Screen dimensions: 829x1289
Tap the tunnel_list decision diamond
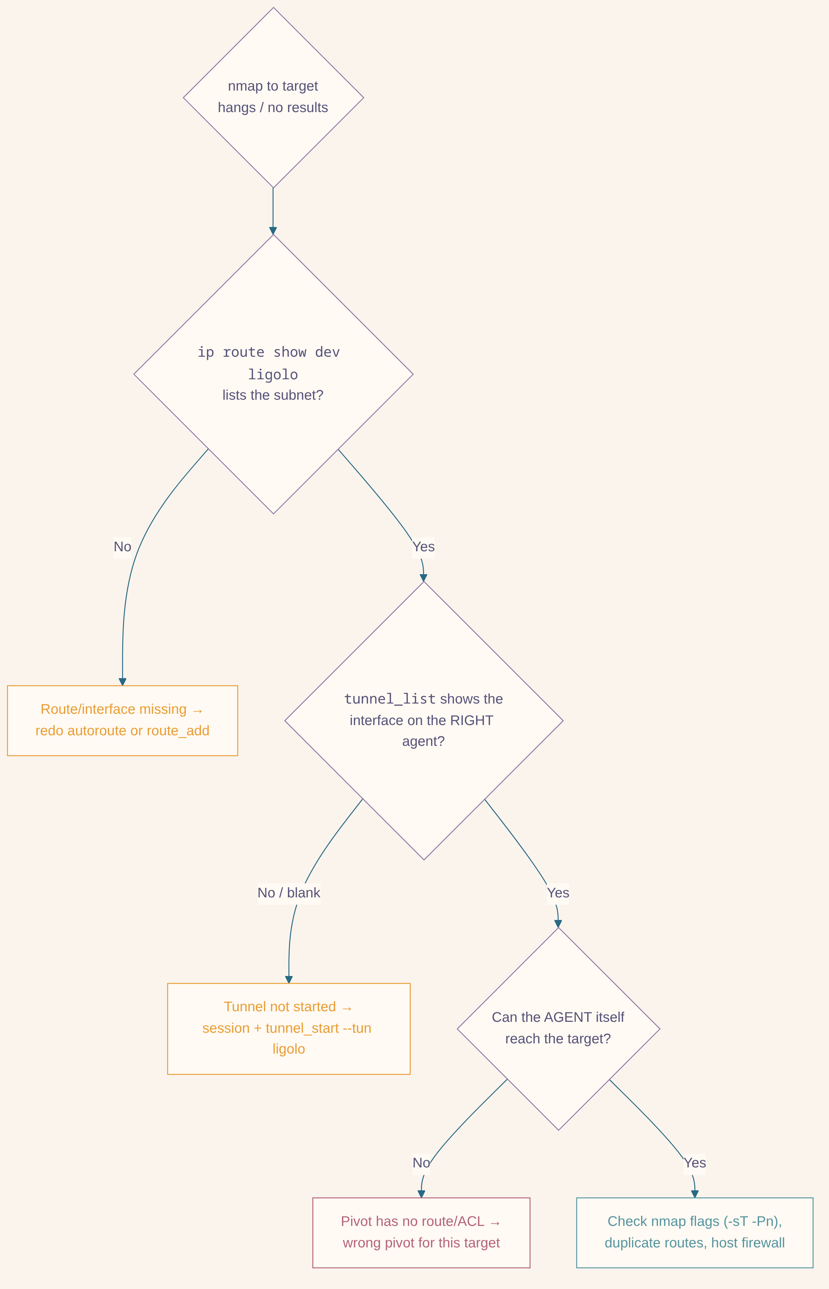click(x=424, y=721)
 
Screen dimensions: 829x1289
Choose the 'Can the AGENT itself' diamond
click(x=558, y=1029)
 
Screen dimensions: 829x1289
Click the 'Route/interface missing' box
click(x=122, y=721)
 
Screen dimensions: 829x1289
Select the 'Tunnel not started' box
click(x=289, y=1029)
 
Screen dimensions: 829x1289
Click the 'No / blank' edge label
click(x=289, y=893)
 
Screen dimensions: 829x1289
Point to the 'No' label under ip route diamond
click(x=122, y=547)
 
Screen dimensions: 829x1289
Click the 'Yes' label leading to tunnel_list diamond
click(x=424, y=547)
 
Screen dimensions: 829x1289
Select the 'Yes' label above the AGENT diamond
click(x=558, y=893)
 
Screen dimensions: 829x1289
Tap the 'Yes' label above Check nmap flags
click(x=695, y=1163)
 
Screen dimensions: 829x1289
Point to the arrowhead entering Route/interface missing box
click(x=122, y=682)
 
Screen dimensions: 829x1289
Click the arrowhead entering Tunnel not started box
click(x=289, y=980)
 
